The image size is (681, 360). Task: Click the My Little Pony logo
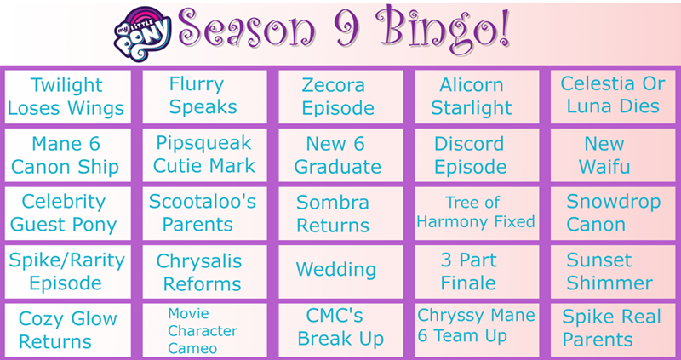point(142,34)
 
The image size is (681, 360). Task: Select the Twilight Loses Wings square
point(67,97)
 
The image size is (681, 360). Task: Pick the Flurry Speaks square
point(204,97)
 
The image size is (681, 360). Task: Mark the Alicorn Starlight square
point(477,97)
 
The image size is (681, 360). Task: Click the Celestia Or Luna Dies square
point(613,97)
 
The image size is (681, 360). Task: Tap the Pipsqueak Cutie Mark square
point(204,155)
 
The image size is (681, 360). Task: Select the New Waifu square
point(613,155)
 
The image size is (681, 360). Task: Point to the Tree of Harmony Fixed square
point(477,214)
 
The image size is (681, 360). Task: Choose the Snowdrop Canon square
point(613,214)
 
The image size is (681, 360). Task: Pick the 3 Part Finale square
point(477,271)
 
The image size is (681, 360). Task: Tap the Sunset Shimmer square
point(613,271)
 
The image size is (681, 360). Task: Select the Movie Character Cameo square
point(204,330)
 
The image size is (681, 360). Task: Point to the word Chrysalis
point(199,262)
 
